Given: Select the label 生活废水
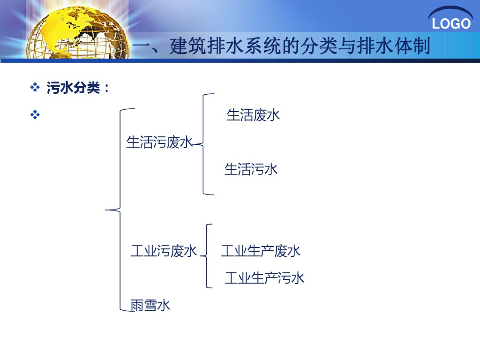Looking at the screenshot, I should (x=253, y=115).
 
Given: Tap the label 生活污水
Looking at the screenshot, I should (x=251, y=169).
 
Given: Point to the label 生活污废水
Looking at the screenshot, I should (x=159, y=142).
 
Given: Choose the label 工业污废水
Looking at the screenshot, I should (x=164, y=251).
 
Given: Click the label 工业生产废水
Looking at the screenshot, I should (x=261, y=251).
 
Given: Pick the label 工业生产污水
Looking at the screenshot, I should (x=264, y=278).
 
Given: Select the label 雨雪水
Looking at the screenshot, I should (x=150, y=306).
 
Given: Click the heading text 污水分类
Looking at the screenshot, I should (x=73, y=88).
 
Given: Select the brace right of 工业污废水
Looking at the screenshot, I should (x=207, y=255).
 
